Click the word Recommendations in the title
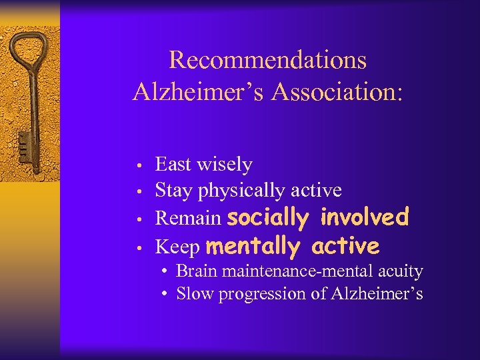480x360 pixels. tap(267, 60)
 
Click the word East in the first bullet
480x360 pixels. tap(173, 164)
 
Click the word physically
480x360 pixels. tap(241, 191)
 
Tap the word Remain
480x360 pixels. tap(188, 218)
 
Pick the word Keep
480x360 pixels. tap(177, 247)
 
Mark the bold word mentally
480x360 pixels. tap(253, 247)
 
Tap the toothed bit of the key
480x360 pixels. tap(23, 143)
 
